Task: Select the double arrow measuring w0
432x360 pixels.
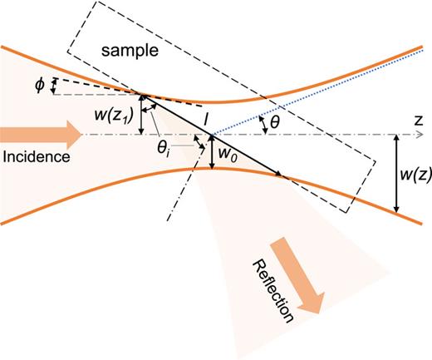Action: (213, 152)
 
